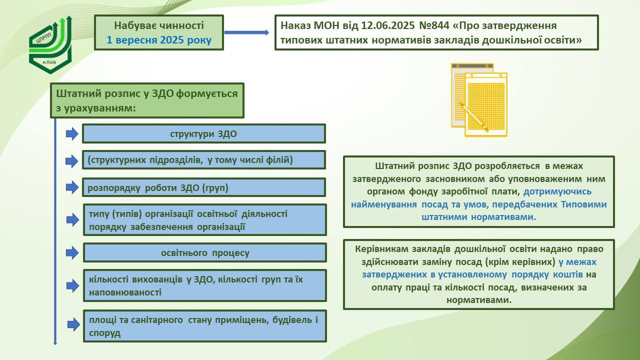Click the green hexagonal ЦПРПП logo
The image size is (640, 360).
pyautogui.click(x=50, y=45)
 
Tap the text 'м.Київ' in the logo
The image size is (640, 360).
pyautogui.click(x=49, y=62)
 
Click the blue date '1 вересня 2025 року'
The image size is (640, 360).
pyautogui.click(x=159, y=39)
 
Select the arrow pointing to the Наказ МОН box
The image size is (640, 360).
pyautogui.click(x=246, y=32)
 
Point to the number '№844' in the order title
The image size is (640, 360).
pyautogui.click(x=434, y=25)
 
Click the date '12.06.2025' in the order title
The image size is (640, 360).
pyautogui.click(x=387, y=25)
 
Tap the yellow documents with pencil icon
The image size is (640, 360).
pyautogui.click(x=479, y=100)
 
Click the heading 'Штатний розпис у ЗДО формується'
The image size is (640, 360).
pyautogui.click(x=147, y=93)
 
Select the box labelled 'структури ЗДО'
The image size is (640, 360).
pyautogui.click(x=204, y=133)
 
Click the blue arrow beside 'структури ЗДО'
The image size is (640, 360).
pyautogui.click(x=72, y=133)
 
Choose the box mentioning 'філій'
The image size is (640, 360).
pyautogui.click(x=204, y=160)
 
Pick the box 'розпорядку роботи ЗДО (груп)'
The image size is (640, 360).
pyautogui.click(x=204, y=187)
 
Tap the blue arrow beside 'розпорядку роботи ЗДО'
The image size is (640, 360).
pyautogui.click(x=72, y=187)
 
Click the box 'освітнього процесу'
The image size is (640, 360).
pyautogui.click(x=205, y=252)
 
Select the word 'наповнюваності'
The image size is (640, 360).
pyautogui.click(x=125, y=292)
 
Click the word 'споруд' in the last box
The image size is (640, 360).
pyautogui.click(x=104, y=333)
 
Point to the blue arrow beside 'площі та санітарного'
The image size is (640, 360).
pyautogui.click(x=73, y=324)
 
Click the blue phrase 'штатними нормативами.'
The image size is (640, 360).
pyautogui.click(x=479, y=217)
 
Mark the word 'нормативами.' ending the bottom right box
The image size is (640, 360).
pyautogui.click(x=479, y=300)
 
